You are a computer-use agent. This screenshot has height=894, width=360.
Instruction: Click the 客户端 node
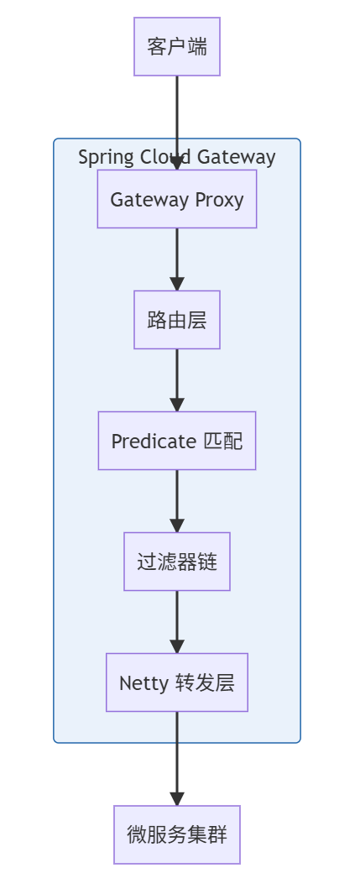coord(177,46)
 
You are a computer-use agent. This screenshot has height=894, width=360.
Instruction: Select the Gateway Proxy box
coord(177,199)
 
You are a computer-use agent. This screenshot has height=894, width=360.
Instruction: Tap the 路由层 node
coord(177,320)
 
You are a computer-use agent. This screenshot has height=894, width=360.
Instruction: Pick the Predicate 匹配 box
coord(177,441)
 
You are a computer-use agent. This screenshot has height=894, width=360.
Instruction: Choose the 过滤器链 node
coord(177,562)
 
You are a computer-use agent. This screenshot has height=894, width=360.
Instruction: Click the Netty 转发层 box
coord(177,682)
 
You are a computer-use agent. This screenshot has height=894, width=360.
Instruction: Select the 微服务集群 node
coord(177,834)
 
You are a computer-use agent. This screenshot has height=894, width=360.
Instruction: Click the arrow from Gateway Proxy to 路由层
coord(177,259)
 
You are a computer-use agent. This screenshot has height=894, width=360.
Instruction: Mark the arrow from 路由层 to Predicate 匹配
coord(177,379)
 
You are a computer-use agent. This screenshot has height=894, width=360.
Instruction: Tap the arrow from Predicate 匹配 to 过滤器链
coord(177,500)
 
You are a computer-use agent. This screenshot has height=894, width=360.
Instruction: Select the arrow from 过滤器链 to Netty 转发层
coord(177,621)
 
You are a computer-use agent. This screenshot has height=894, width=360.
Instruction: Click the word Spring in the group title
coord(102,157)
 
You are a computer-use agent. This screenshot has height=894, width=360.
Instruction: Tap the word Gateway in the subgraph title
coord(237,157)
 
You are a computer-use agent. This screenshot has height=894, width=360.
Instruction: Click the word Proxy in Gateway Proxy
coord(219,200)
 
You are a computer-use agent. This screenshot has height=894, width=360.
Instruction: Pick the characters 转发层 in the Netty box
coord(204,682)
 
